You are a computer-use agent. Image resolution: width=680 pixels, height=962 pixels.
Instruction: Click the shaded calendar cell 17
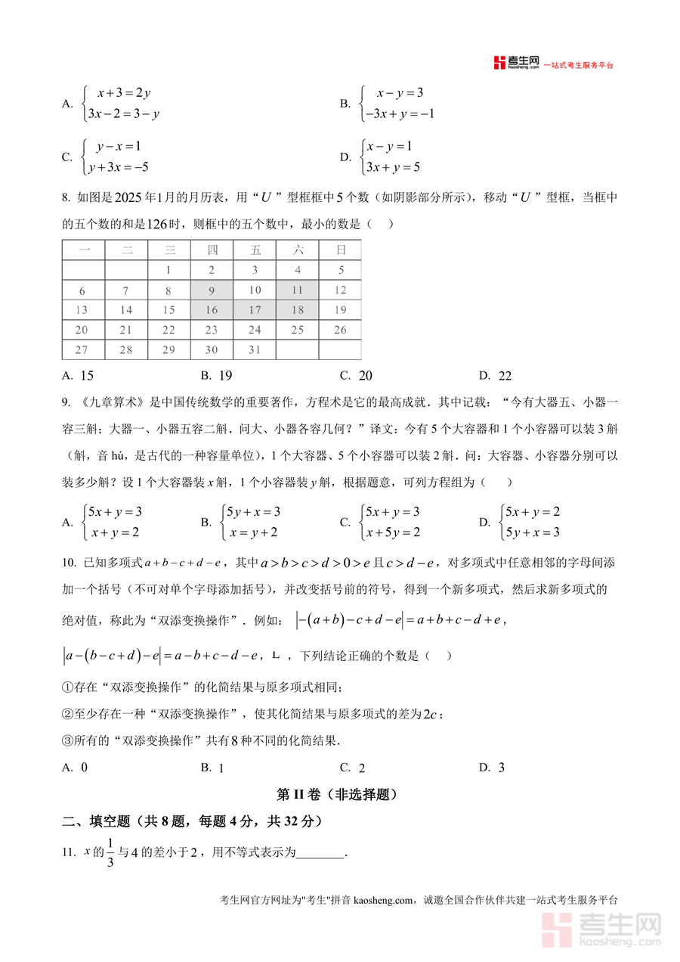(255, 309)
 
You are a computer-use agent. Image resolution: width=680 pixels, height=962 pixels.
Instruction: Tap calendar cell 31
(255, 349)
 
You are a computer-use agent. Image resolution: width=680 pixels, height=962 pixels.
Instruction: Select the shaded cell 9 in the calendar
(212, 290)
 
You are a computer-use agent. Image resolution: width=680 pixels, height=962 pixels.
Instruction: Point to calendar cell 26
(341, 330)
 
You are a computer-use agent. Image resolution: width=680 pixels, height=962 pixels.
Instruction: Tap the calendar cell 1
(168, 269)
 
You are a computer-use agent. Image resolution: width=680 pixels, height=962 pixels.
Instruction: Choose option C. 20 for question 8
(357, 376)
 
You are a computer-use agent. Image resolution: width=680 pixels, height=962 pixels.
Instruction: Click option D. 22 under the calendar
(496, 376)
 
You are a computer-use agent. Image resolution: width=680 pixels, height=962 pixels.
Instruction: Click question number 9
(66, 402)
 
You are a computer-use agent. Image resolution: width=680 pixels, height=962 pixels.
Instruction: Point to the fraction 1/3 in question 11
(110, 853)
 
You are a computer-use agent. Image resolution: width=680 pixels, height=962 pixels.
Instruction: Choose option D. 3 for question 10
(492, 768)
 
